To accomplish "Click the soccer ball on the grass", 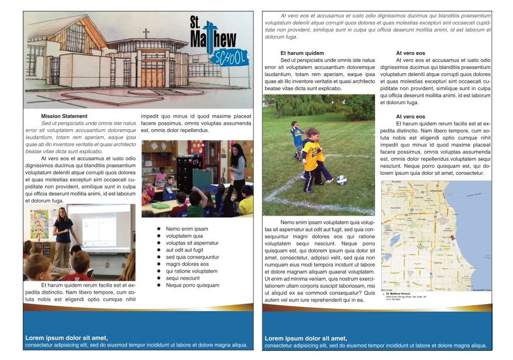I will (x=341, y=180).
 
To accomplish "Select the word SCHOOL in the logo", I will (x=230, y=56).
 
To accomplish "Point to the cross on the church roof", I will (x=145, y=34).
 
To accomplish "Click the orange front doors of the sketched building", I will (x=152, y=77).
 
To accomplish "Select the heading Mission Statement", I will (x=64, y=116).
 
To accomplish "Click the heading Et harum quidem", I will (x=302, y=53).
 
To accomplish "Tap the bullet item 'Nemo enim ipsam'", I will (x=187, y=229).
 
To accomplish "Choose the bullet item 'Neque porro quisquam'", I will (x=192, y=285).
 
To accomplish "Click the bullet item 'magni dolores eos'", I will (x=187, y=264).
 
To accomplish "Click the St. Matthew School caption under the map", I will (x=402, y=294).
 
